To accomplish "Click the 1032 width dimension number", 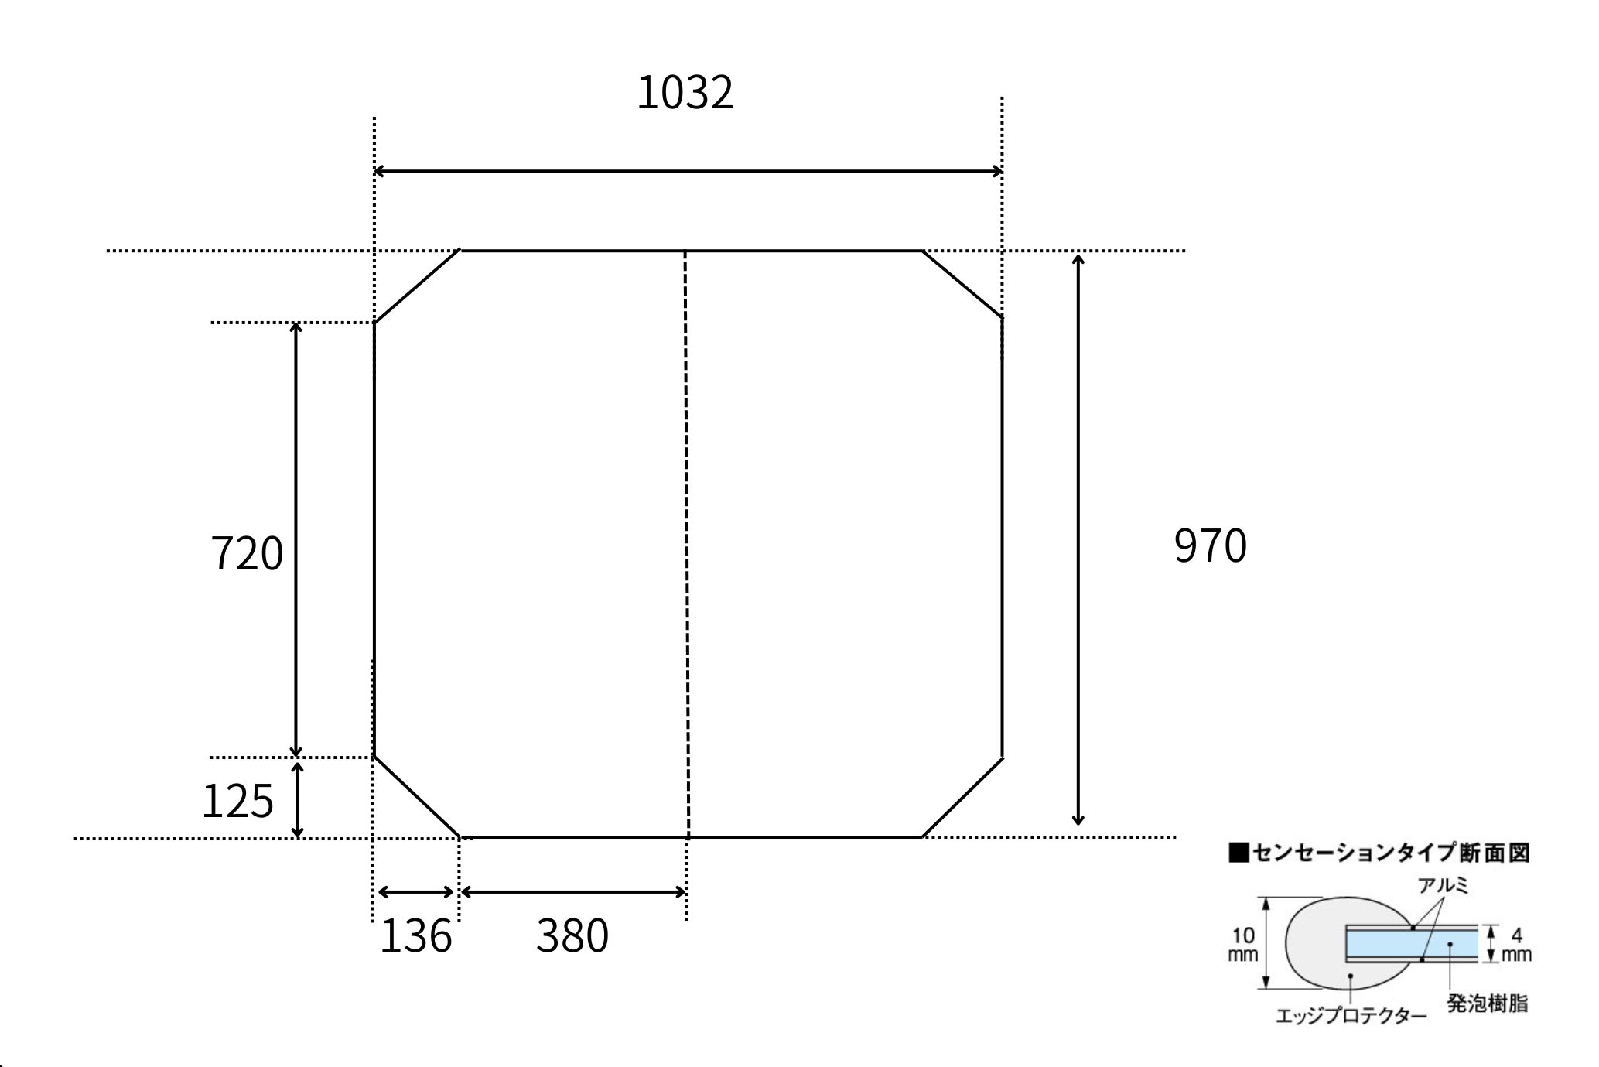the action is coord(685,93).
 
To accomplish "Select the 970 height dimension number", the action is coord(1211,545).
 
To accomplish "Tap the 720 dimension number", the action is coord(248,553).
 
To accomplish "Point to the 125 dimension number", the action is coord(237,800).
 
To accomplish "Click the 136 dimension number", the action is coord(416,935).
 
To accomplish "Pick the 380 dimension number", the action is coord(572,935).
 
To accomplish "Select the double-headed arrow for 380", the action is coord(573,892).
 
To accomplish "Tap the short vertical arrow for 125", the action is coord(297,800).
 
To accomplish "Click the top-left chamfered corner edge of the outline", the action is coord(417,286).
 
